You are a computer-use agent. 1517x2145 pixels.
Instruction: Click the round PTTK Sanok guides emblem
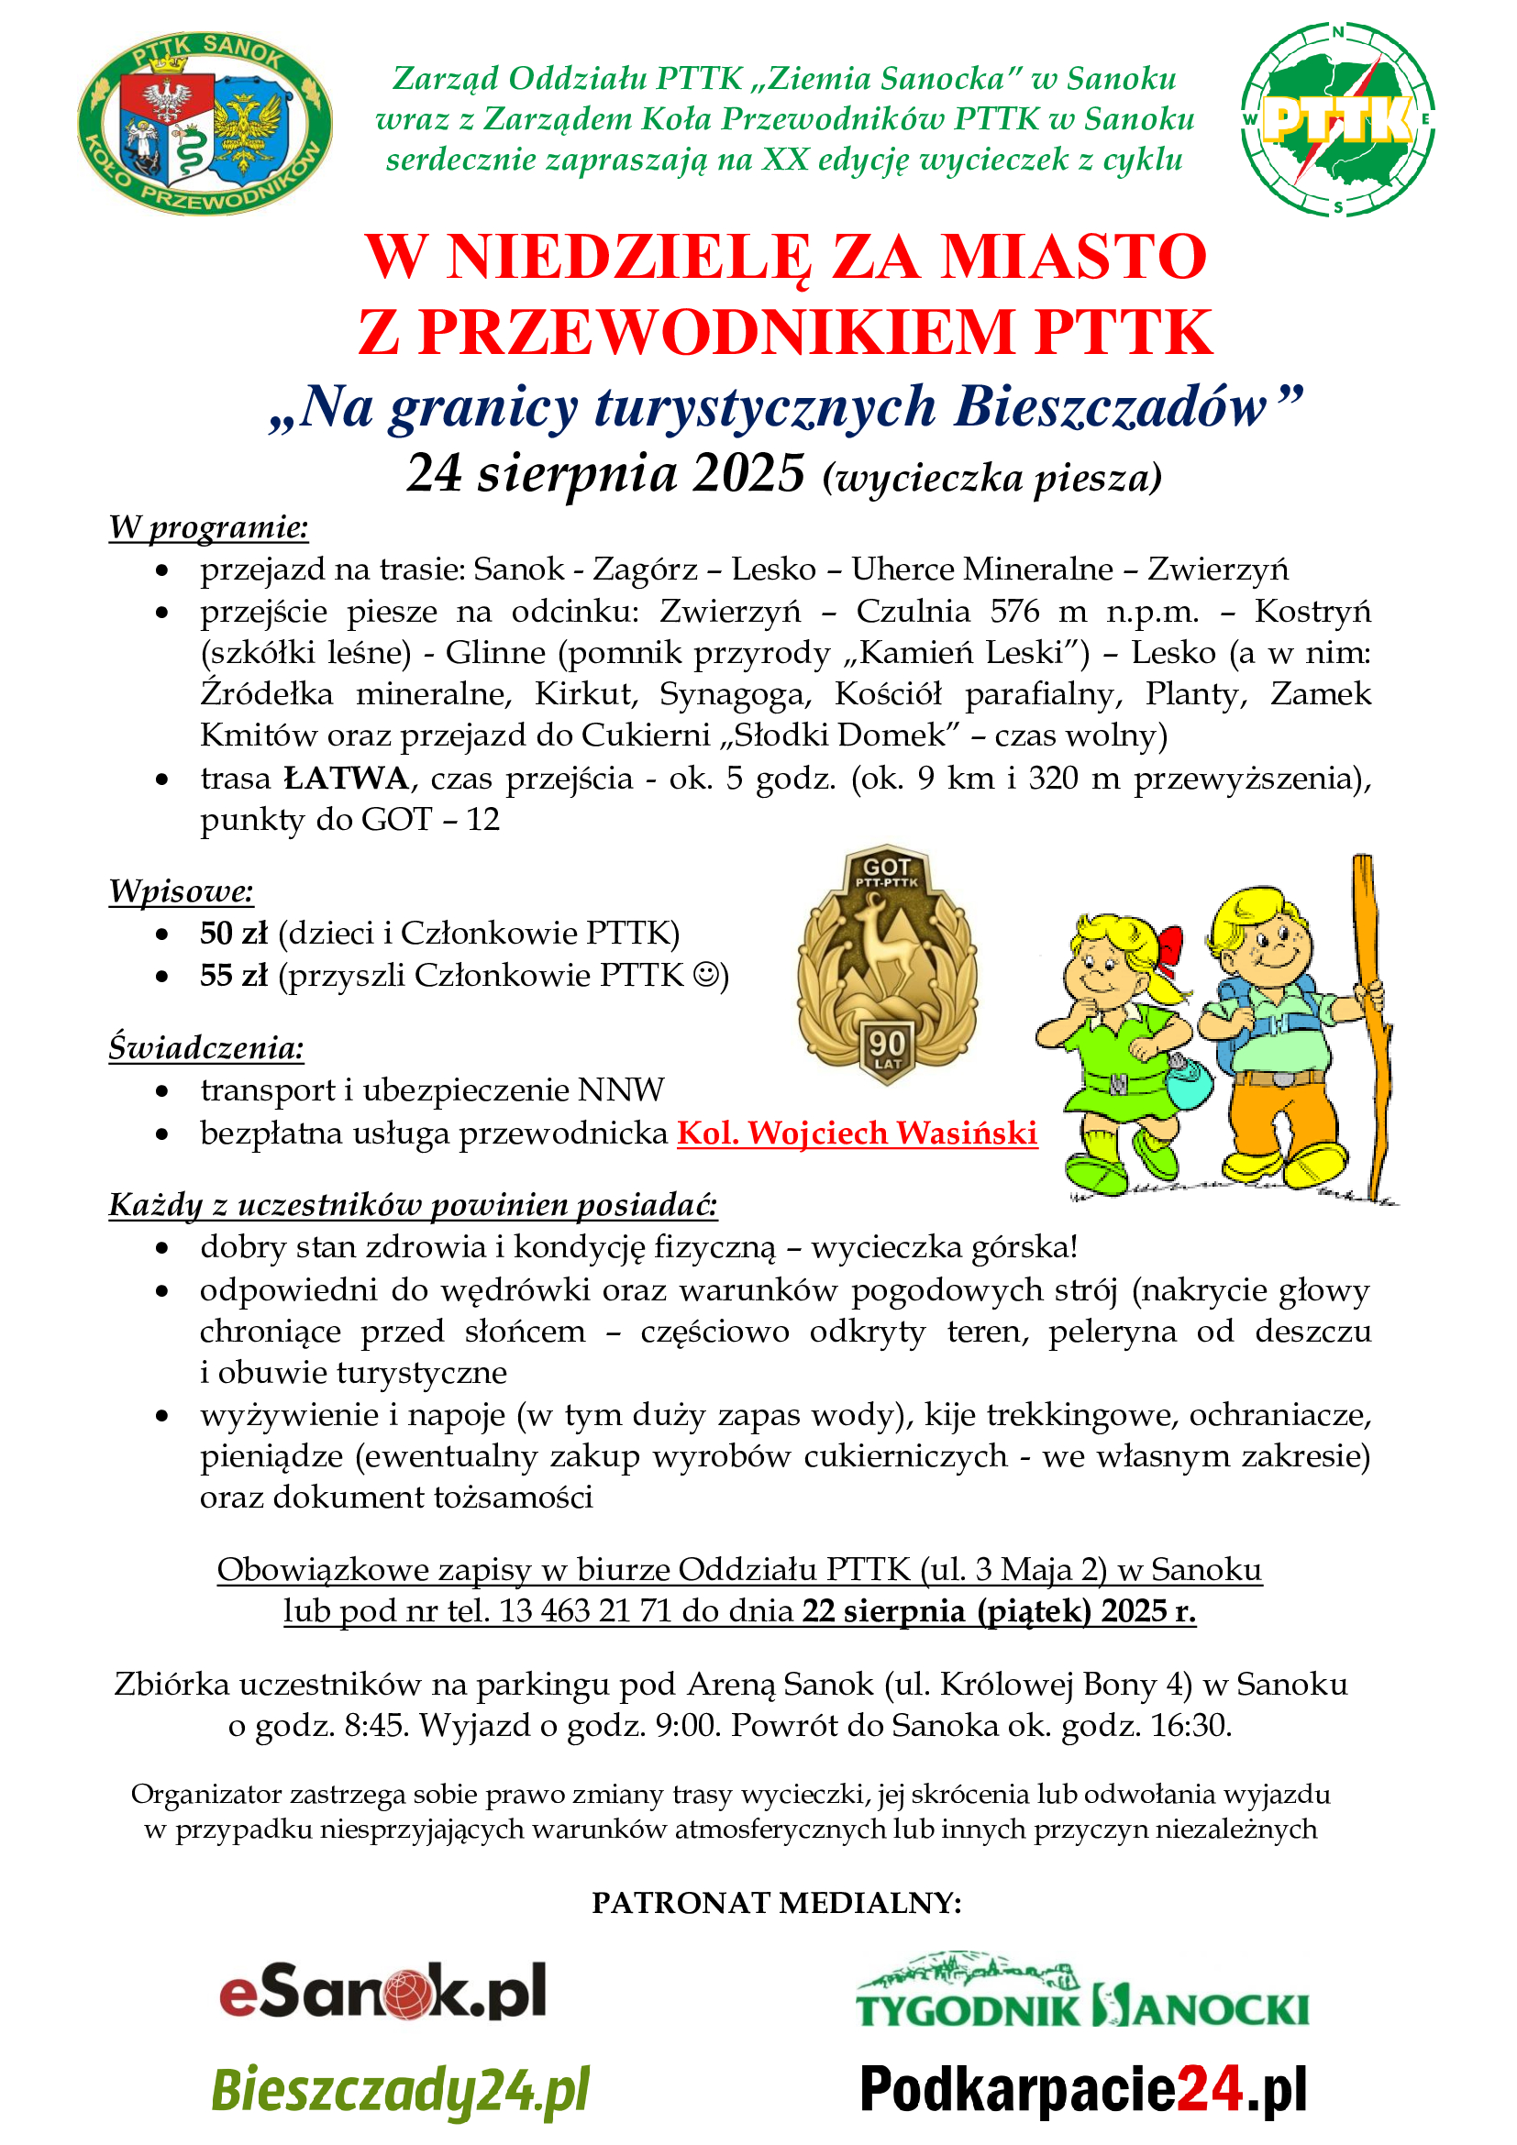point(205,121)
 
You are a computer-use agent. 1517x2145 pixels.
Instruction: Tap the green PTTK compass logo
point(1337,119)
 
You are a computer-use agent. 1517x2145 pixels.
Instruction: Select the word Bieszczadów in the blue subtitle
point(1110,408)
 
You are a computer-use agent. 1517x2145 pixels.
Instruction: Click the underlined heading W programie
point(208,528)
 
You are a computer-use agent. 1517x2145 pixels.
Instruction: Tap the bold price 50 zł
point(234,934)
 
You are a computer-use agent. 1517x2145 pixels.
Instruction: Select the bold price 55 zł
point(234,976)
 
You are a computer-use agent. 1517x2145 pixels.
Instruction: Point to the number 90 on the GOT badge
point(887,1044)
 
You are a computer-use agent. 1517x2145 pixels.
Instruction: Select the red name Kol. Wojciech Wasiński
point(857,1133)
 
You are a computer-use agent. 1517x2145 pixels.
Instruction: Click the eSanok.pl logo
point(383,1994)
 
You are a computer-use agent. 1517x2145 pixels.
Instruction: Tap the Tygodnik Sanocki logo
point(1082,1993)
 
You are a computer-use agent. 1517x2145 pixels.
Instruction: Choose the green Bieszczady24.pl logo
point(401,2090)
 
